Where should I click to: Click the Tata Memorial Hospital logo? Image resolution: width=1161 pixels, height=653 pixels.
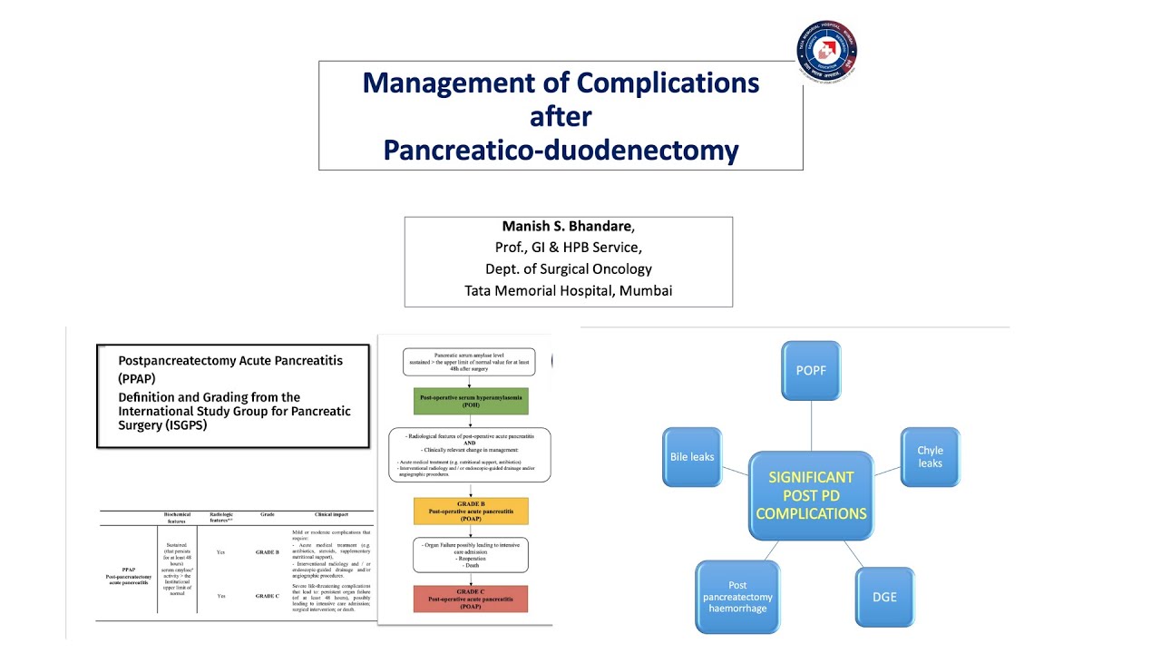tap(826, 52)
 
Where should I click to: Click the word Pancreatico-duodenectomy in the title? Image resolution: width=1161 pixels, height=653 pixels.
tap(561, 150)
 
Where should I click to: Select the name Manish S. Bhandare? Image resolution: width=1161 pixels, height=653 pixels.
tap(567, 226)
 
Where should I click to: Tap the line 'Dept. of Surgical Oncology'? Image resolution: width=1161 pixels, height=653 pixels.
tap(568, 268)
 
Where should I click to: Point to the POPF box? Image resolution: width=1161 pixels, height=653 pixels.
tap(810, 370)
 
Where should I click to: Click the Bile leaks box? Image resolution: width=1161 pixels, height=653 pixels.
tap(691, 457)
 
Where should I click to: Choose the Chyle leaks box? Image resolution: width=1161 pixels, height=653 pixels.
tap(930, 457)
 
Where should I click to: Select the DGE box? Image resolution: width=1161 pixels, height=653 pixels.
tap(883, 597)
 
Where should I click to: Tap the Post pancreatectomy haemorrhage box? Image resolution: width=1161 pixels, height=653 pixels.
tap(737, 597)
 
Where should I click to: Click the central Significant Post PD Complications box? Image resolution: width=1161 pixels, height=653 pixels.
tap(810, 495)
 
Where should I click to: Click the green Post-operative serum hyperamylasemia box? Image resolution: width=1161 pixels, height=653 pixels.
tap(470, 402)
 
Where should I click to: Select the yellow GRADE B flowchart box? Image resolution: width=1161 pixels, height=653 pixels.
tap(470, 511)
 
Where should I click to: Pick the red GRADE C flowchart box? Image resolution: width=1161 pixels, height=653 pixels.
tap(470, 599)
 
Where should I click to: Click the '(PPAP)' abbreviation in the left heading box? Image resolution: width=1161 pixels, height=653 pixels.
tap(137, 377)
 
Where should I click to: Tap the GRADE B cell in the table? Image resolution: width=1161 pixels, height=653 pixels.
tap(267, 551)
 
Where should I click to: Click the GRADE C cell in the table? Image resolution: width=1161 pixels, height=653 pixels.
tap(267, 596)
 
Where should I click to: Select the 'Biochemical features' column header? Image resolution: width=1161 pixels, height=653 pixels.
tap(177, 517)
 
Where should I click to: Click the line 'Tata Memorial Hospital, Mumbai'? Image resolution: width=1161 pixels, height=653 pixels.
tap(568, 290)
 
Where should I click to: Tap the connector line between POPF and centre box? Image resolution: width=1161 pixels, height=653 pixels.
tap(810, 426)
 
